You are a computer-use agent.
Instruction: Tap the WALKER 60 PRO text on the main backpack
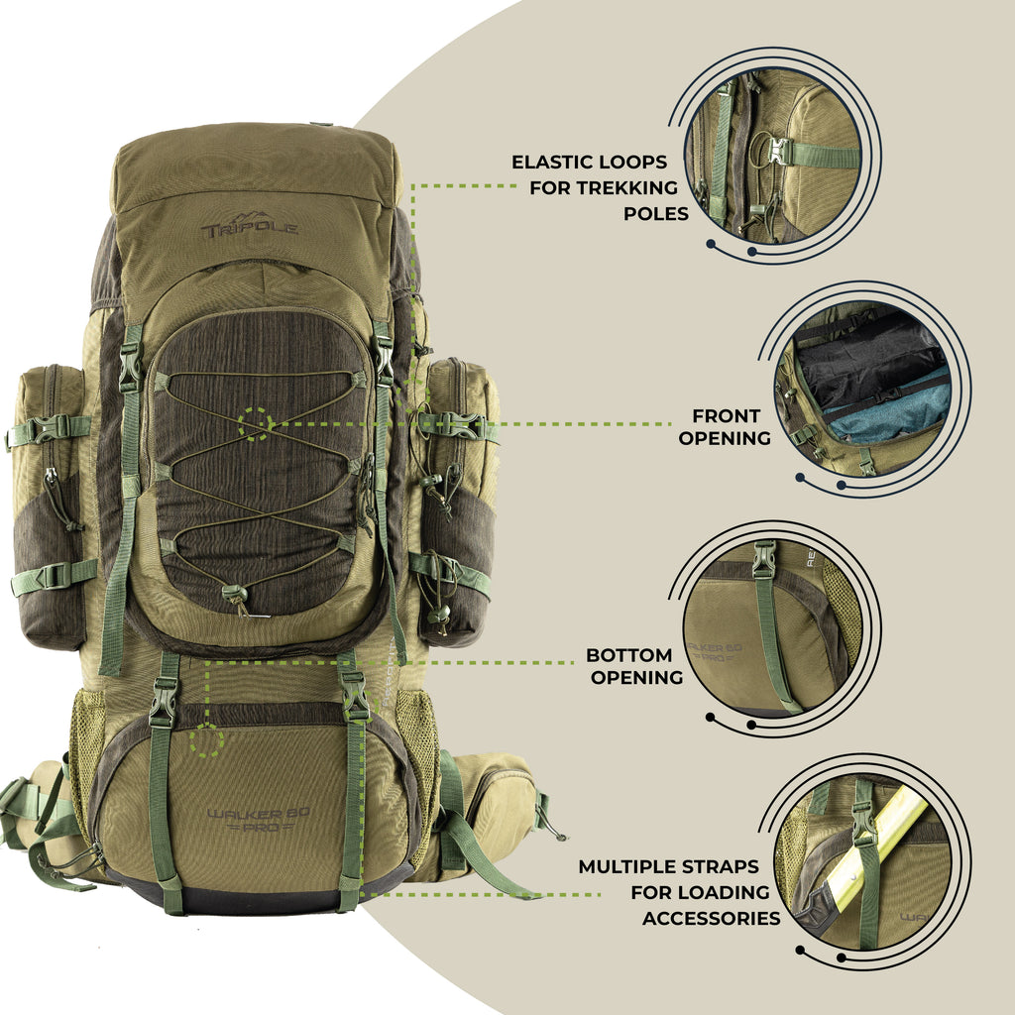(260, 819)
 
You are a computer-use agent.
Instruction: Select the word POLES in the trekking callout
(656, 213)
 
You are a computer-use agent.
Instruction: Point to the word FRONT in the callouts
(727, 415)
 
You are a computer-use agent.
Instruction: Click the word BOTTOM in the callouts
(628, 655)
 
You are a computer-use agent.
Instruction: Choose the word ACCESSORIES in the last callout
(711, 919)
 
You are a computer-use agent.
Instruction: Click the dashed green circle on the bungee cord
(256, 424)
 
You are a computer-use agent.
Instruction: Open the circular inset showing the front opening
(864, 388)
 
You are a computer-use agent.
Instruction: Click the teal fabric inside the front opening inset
(887, 416)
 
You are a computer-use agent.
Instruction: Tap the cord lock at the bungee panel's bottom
(234, 594)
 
